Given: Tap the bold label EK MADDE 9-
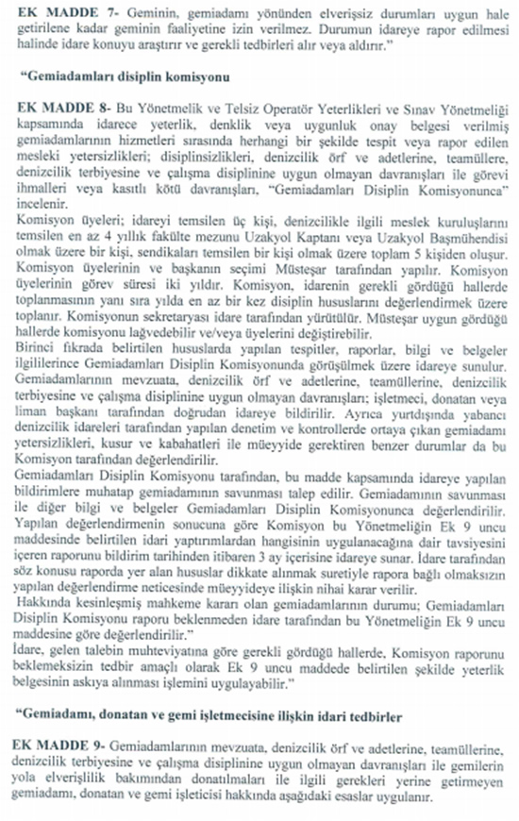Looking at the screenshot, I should tap(45, 745).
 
